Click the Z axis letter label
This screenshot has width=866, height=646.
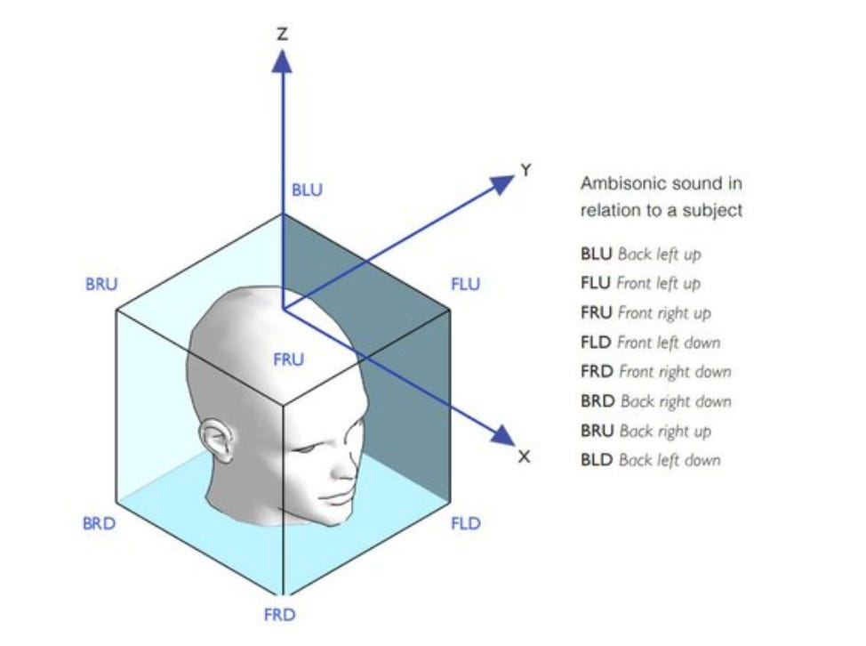click(282, 34)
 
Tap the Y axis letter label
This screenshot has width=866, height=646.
click(525, 169)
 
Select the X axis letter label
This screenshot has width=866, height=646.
click(524, 456)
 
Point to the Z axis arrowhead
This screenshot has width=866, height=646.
click(282, 61)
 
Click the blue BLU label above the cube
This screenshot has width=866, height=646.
click(308, 190)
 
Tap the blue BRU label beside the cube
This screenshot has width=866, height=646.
click(101, 285)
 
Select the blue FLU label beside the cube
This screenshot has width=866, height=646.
click(465, 285)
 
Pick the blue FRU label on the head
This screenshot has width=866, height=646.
click(288, 359)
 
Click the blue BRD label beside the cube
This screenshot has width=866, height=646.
click(100, 523)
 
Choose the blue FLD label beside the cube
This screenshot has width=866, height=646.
click(465, 523)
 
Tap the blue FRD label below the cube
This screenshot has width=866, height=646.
click(279, 615)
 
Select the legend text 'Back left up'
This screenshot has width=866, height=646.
click(659, 254)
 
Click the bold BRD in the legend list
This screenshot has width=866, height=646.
click(597, 401)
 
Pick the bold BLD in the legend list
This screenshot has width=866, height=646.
click(597, 460)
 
